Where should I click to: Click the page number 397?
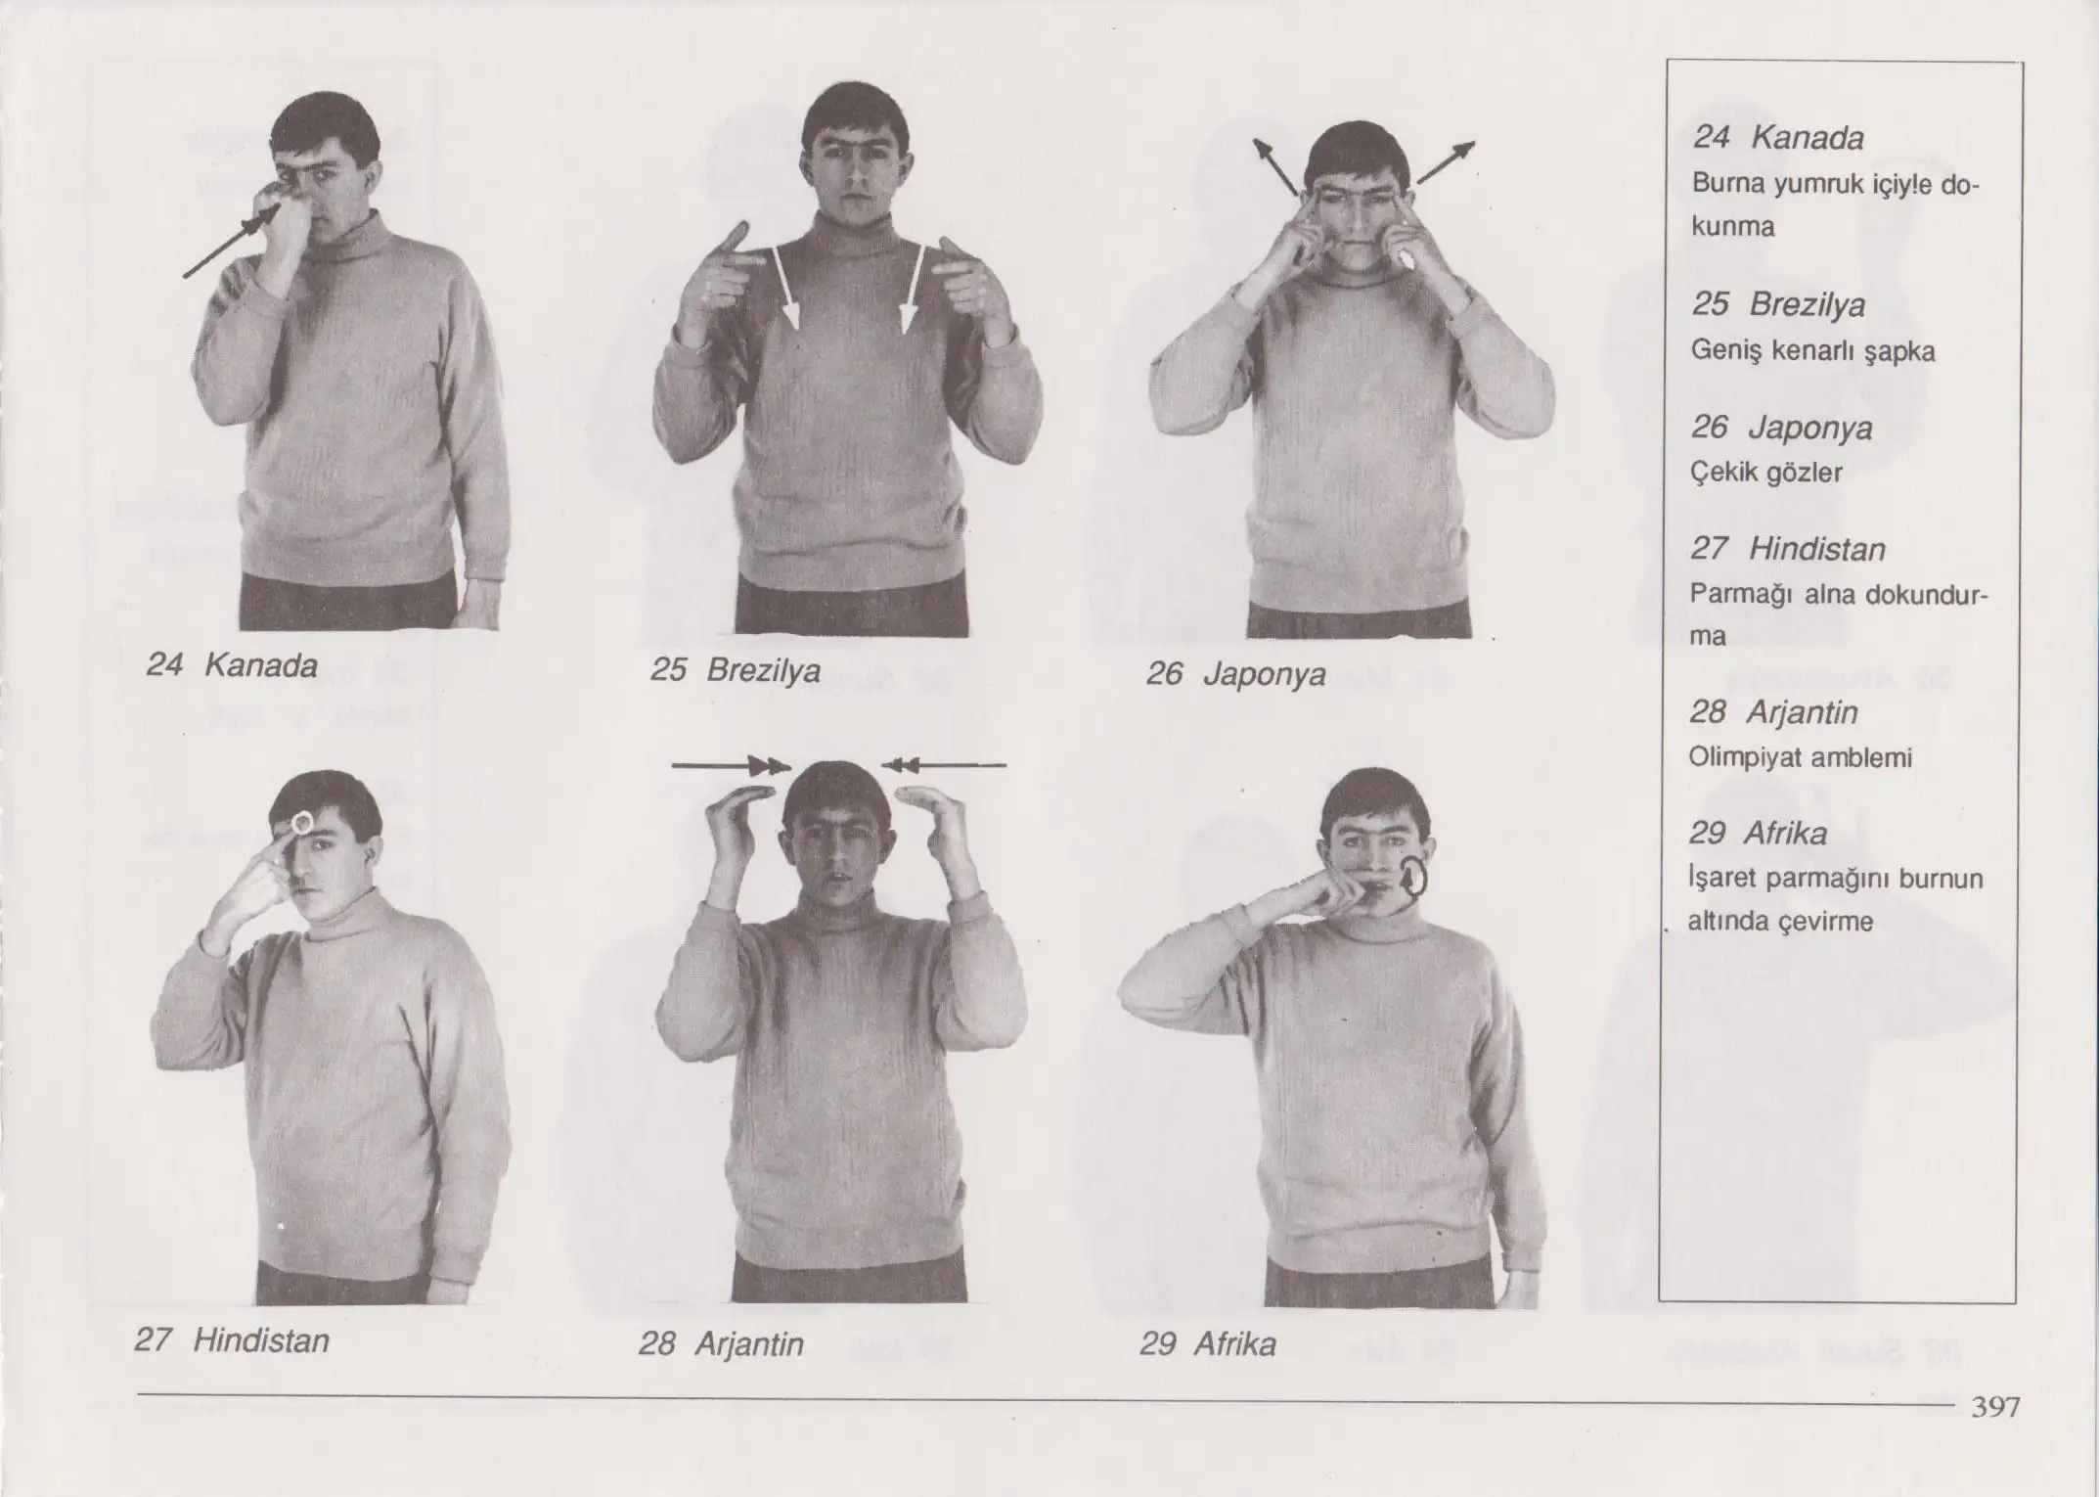(x=1995, y=1407)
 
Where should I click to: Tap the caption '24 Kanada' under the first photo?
(x=232, y=665)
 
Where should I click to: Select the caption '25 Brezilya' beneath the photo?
(x=736, y=670)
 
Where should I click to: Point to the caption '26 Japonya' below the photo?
(x=1236, y=674)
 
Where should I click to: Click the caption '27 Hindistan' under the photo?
(x=232, y=1339)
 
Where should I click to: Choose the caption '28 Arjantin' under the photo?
(x=722, y=1344)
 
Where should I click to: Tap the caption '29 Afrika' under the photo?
(x=1208, y=1344)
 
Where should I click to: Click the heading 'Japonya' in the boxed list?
(x=1810, y=429)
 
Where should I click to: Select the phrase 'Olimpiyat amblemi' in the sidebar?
(x=1800, y=757)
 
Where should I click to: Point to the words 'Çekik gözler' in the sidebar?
(x=1766, y=473)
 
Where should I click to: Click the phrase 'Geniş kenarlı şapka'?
(x=1812, y=351)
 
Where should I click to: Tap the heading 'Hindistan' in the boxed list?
(x=1817, y=549)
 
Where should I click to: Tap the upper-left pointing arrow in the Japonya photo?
(x=1275, y=166)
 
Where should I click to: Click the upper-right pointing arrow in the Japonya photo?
(x=1446, y=162)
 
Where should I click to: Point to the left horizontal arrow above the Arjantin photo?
(x=731, y=766)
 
